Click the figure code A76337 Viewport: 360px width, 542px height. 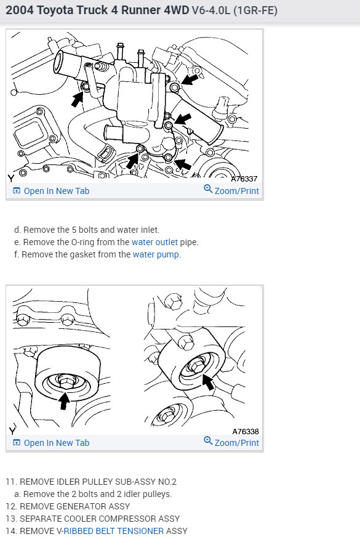click(244, 179)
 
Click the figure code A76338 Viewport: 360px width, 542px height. click(246, 431)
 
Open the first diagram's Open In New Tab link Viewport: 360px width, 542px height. click(51, 191)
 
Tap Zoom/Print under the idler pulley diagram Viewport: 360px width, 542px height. click(231, 442)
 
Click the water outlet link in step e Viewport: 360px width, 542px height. click(154, 242)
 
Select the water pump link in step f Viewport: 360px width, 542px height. click(156, 254)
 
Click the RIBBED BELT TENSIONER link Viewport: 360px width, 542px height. click(113, 530)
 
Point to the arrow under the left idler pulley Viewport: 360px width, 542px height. click(64, 400)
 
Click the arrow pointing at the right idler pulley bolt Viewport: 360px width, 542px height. click(208, 382)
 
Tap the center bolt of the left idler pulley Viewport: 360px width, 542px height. click(66, 381)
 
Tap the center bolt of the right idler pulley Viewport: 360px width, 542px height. click(196, 365)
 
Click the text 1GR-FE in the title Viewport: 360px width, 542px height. click(255, 10)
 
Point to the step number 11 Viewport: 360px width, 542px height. click(10, 482)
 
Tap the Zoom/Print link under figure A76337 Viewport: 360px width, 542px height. click(231, 190)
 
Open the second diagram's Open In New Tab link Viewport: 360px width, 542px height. click(51, 443)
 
